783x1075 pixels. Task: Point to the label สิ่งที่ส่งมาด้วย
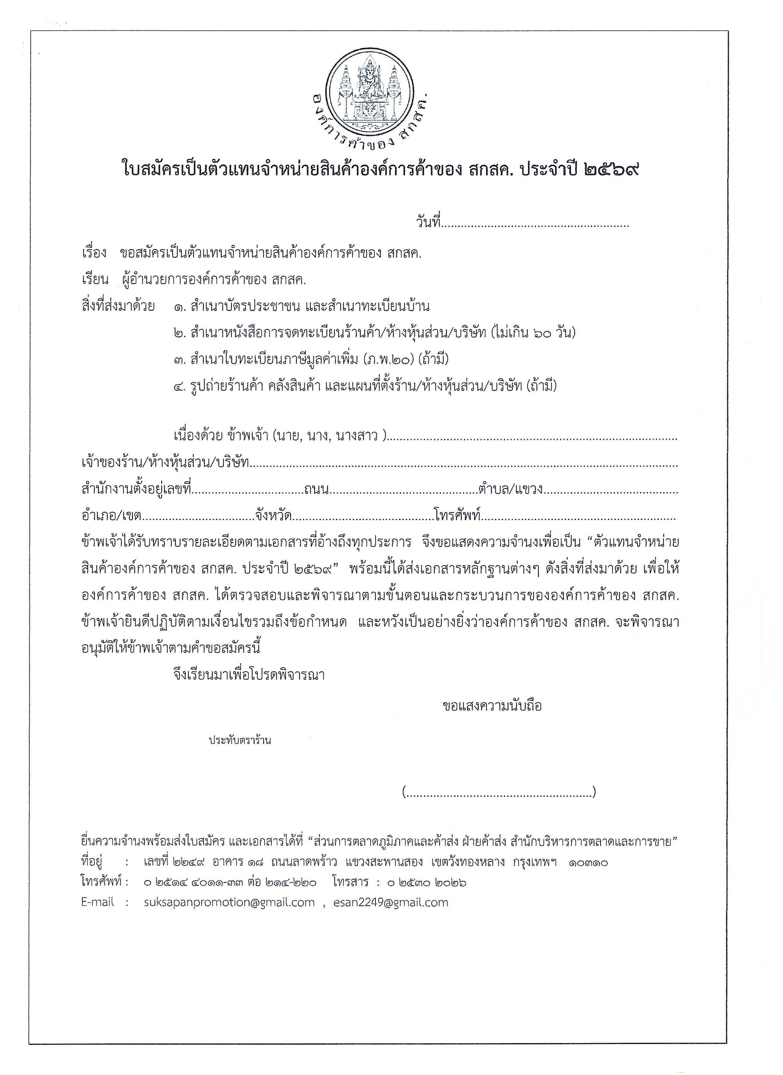pyautogui.click(x=118, y=306)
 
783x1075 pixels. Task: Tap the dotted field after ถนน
pyautogui.click(x=403, y=489)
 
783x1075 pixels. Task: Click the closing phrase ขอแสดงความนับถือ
pyautogui.click(x=492, y=706)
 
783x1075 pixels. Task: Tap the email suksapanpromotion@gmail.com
pyautogui.click(x=229, y=903)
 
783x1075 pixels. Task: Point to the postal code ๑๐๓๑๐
pyautogui.click(x=589, y=863)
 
